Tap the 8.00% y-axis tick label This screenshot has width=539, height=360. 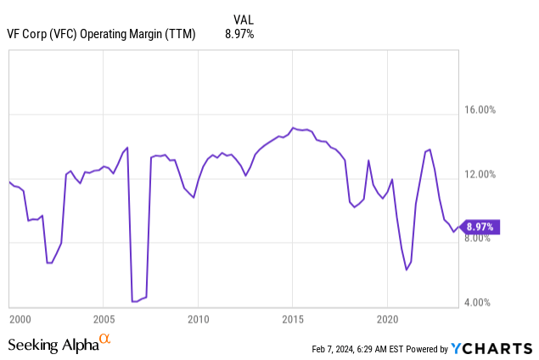(x=496, y=239)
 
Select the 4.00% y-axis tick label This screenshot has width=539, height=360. (x=496, y=303)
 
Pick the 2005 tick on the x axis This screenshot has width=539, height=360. (x=103, y=319)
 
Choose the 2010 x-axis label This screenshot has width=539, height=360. (x=198, y=319)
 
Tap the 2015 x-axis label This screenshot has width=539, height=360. (x=293, y=319)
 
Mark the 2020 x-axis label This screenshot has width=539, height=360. (x=387, y=319)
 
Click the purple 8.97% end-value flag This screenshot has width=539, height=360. (x=481, y=227)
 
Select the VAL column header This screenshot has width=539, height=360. (x=243, y=19)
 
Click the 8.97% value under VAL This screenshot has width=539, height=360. (x=239, y=34)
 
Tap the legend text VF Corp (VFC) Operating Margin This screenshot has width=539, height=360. (x=101, y=34)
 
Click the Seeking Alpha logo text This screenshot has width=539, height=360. (x=53, y=345)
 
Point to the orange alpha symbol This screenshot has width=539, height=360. (x=105, y=340)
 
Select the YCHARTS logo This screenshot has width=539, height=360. (x=491, y=348)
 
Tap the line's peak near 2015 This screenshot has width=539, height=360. (x=293, y=128)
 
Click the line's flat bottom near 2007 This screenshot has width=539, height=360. (x=135, y=301)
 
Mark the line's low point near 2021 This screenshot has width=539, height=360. (x=407, y=269)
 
